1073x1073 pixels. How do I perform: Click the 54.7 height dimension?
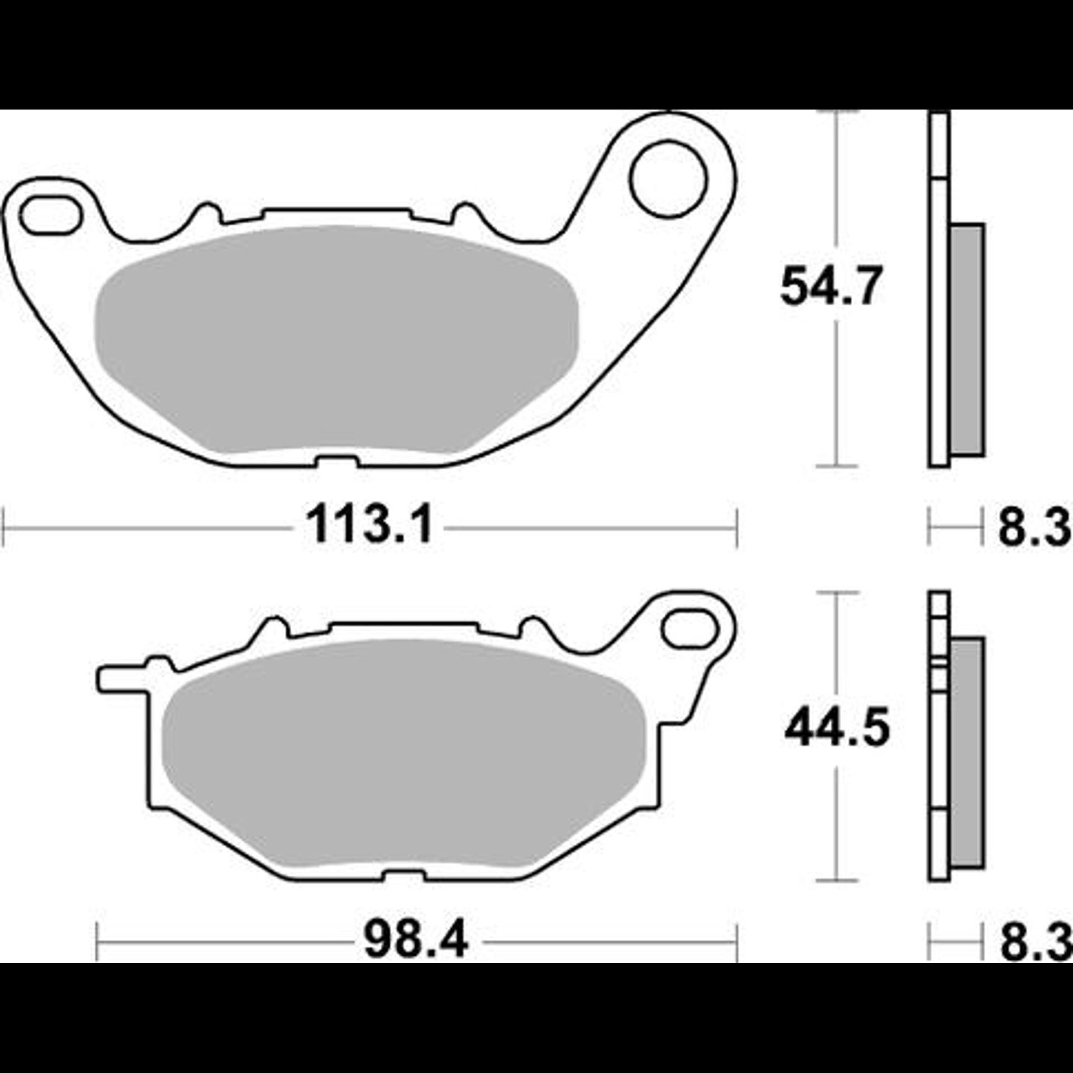pos(831,287)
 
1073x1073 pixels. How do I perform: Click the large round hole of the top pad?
pos(668,179)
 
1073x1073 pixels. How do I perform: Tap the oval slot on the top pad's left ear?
pos(49,215)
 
